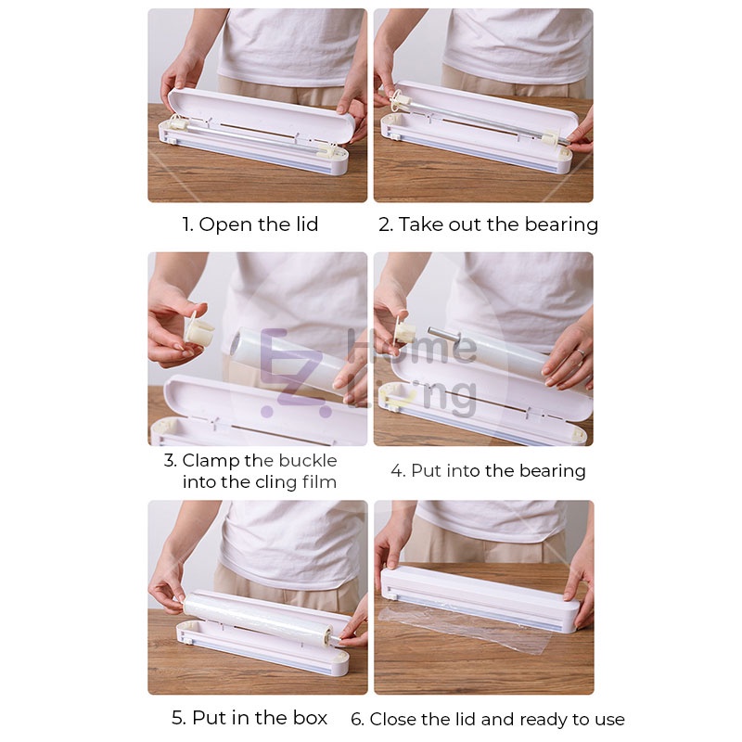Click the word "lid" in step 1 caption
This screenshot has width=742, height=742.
pyautogui.click(x=307, y=224)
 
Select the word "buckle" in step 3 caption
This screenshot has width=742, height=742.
pyautogui.click(x=308, y=460)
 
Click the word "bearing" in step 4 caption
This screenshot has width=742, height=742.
pyautogui.click(x=552, y=471)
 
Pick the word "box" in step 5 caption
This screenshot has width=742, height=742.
pyautogui.click(x=310, y=718)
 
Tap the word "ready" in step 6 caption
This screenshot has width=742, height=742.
pyautogui.click(x=544, y=721)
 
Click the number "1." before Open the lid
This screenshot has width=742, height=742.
pyautogui.click(x=188, y=224)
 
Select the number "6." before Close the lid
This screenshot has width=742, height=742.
pyautogui.click(x=358, y=720)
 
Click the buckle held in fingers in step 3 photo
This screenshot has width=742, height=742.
pyautogui.click(x=198, y=328)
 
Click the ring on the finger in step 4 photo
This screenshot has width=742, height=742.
pyautogui.click(x=581, y=352)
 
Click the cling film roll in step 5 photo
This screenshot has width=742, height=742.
pyautogui.click(x=260, y=618)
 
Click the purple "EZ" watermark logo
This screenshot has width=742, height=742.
pyautogui.click(x=293, y=373)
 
